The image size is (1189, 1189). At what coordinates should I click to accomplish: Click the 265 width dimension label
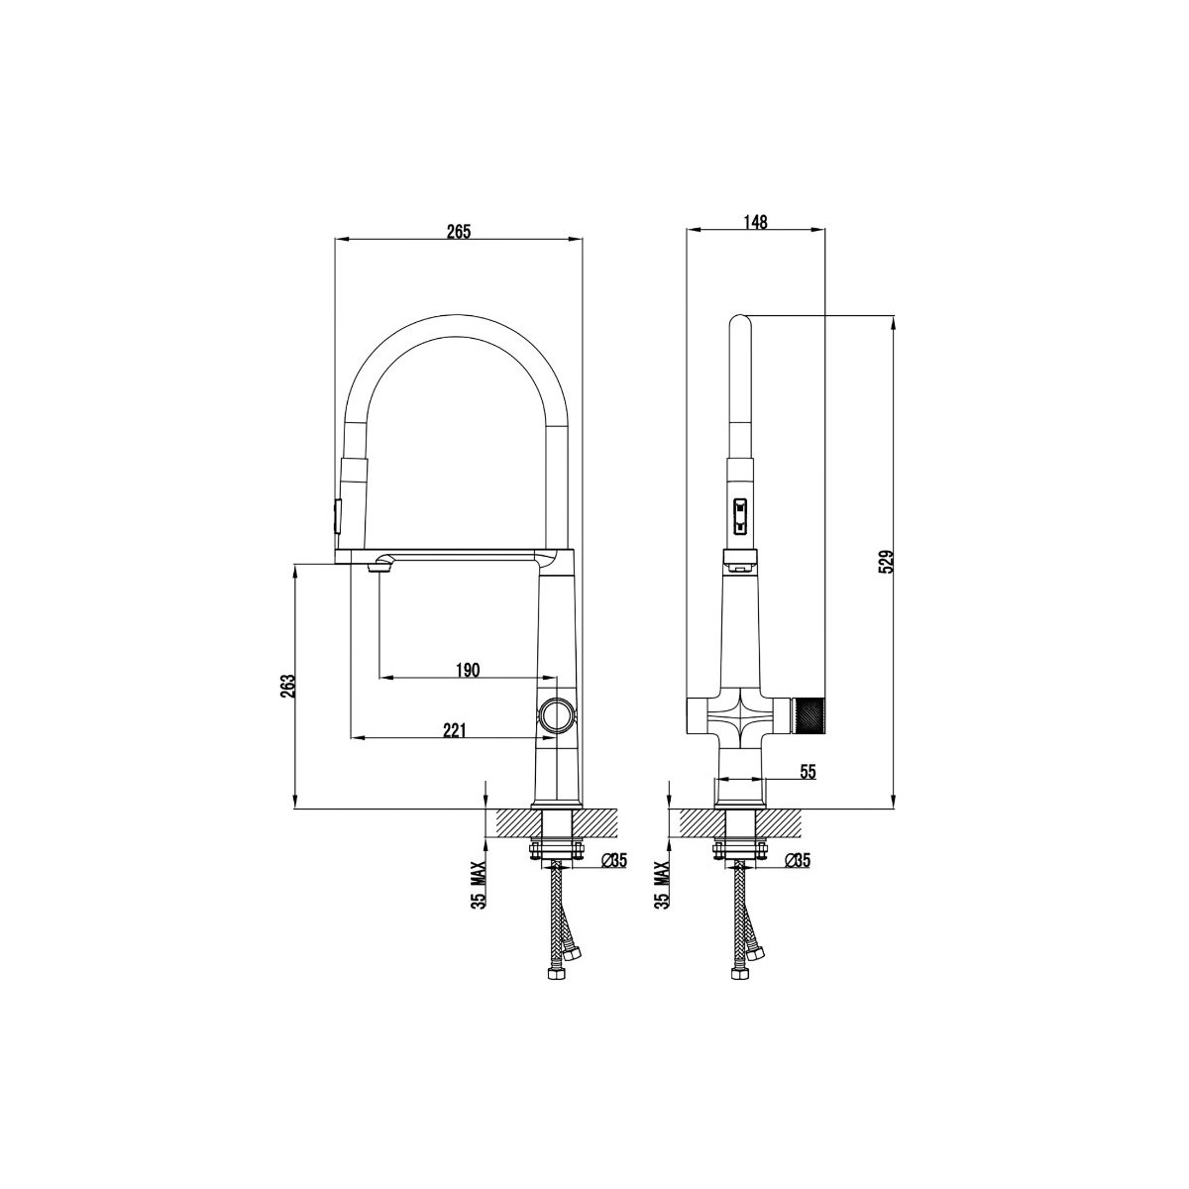point(459,232)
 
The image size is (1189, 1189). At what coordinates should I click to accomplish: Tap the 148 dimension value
point(755,222)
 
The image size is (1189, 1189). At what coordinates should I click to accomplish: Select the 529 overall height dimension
point(886,562)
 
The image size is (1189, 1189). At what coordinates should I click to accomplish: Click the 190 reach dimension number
point(468,670)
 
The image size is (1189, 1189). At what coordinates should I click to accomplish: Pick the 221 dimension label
point(454,730)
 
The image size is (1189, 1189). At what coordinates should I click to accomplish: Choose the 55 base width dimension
point(809,772)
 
